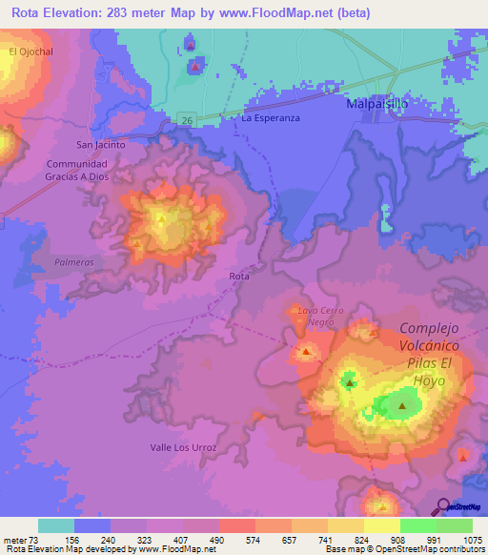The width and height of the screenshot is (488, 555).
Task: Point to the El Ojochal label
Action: click(28, 51)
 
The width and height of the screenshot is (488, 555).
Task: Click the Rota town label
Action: click(239, 277)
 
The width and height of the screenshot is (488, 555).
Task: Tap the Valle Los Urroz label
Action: click(184, 447)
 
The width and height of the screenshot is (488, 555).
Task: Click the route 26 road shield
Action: click(187, 120)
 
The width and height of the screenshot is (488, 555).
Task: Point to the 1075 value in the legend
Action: click(471, 539)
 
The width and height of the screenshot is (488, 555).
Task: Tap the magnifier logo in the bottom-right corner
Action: click(443, 507)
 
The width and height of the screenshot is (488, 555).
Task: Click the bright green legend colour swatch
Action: click(417, 525)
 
